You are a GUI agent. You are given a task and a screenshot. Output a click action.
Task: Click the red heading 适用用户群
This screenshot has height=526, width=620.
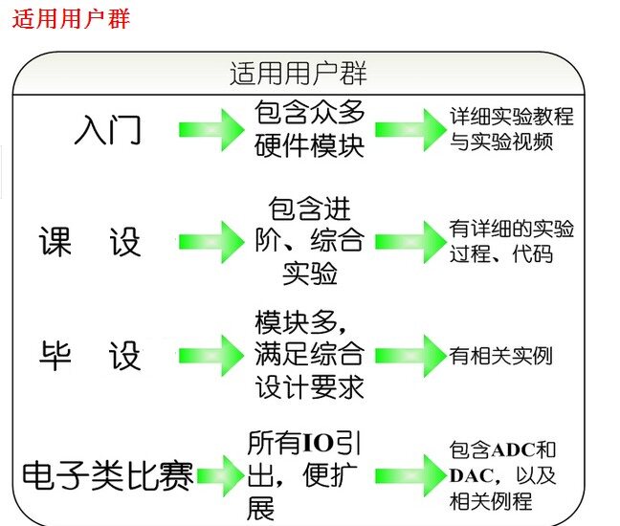pyautogui.click(x=71, y=19)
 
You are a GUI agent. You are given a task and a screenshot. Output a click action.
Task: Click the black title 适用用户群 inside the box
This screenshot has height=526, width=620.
pyautogui.click(x=299, y=74)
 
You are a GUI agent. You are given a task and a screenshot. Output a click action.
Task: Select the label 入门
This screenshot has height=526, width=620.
pyautogui.click(x=107, y=129)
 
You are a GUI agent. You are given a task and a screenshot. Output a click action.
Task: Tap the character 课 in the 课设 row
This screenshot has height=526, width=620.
pyautogui.click(x=55, y=241)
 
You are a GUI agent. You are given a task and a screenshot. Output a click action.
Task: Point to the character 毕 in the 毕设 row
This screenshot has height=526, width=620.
pyautogui.click(x=55, y=356)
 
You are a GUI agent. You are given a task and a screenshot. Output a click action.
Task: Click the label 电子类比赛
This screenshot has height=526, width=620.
pyautogui.click(x=107, y=475)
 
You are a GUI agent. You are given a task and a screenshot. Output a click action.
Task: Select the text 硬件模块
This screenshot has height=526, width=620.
pyautogui.click(x=309, y=145)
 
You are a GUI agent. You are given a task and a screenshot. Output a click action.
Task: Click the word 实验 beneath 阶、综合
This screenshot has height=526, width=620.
pyautogui.click(x=310, y=274)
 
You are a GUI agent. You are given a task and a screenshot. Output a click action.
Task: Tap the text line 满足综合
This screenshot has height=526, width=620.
pyautogui.click(x=309, y=354)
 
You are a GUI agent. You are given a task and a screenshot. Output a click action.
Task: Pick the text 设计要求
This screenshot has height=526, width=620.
pyautogui.click(x=309, y=387)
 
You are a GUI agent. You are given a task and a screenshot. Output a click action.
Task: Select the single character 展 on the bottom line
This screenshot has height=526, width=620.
pyautogui.click(x=260, y=508)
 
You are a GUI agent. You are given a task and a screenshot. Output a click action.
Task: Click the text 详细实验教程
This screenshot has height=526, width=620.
pyautogui.click(x=512, y=116)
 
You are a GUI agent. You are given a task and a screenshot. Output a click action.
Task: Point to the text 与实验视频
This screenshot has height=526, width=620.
pyautogui.click(x=501, y=142)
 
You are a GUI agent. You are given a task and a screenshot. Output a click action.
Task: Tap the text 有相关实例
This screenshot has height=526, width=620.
pyautogui.click(x=500, y=356)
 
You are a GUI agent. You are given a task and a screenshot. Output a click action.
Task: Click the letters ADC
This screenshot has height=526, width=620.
pyautogui.click(x=513, y=450)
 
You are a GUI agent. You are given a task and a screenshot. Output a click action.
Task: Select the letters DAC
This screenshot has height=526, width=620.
pyautogui.click(x=472, y=476)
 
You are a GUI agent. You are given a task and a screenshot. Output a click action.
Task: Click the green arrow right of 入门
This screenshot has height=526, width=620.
pyautogui.click(x=211, y=130)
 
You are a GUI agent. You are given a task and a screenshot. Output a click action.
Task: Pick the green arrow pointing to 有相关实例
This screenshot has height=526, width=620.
pyautogui.click(x=410, y=356)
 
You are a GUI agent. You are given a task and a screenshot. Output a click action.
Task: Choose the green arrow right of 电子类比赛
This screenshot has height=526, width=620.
pyautogui.click(x=221, y=476)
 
